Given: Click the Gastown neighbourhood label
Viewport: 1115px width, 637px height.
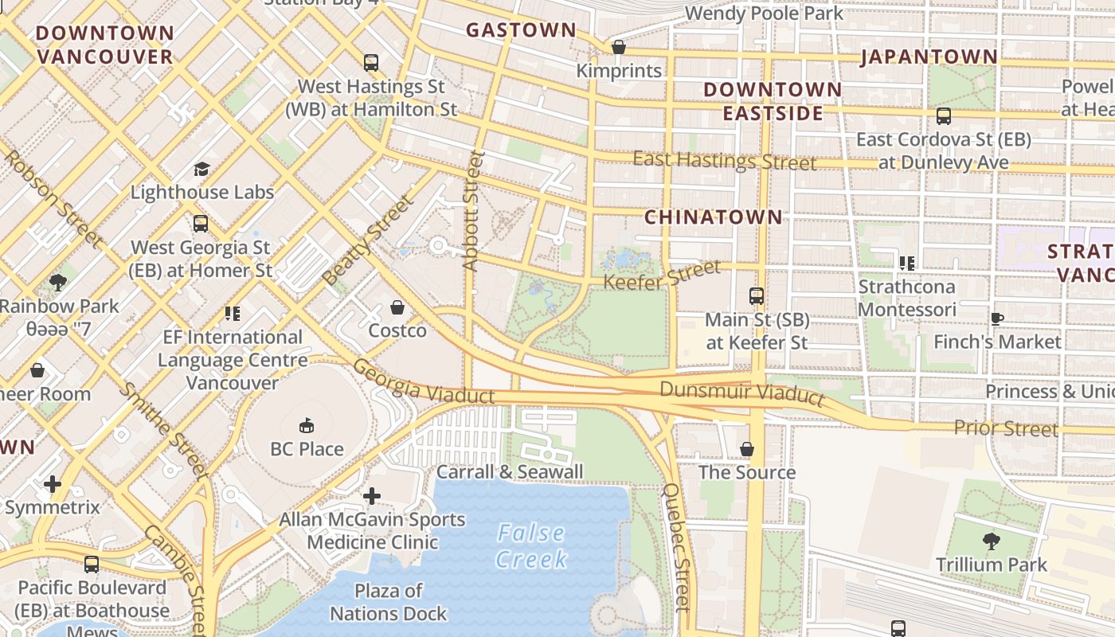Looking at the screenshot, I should [521, 30].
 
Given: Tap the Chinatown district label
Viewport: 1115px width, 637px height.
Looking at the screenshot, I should [713, 217].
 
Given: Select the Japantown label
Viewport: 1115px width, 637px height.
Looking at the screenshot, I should [929, 57].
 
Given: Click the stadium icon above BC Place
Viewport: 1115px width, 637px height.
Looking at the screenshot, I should [307, 426].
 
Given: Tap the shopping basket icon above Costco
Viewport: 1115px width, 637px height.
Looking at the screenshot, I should [397, 307].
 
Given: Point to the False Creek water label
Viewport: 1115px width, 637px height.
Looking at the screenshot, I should [530, 545].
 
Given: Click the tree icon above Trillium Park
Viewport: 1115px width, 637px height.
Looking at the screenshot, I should [992, 541].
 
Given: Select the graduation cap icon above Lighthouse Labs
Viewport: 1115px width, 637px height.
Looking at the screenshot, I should [201, 169].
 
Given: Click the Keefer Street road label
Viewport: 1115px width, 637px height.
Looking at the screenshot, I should [661, 275].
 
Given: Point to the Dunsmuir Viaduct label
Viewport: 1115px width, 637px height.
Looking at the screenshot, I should [741, 392].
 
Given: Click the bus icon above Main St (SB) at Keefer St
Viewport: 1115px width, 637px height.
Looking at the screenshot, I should [757, 296].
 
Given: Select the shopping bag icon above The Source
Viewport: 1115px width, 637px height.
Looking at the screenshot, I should [747, 450].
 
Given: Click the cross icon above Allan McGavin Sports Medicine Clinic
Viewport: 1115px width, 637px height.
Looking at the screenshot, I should [371, 497].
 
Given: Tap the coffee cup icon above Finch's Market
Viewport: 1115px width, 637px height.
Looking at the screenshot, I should [996, 319].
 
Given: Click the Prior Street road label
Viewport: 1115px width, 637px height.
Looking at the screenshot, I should [1006, 428].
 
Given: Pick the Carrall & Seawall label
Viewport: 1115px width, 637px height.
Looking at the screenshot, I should [510, 471].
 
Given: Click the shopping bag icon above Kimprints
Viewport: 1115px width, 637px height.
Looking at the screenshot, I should [619, 48].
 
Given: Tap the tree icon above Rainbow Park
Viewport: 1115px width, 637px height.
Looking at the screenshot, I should [57, 282].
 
